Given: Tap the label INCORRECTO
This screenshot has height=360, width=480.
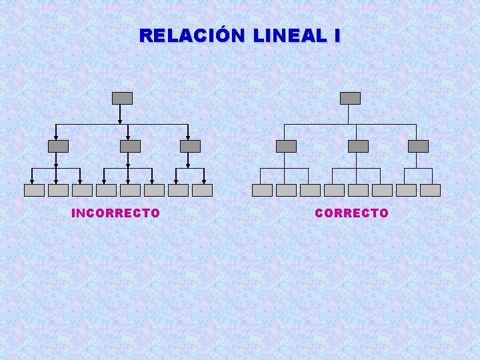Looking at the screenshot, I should coord(115,213).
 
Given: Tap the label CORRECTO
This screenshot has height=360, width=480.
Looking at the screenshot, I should coord(351,213).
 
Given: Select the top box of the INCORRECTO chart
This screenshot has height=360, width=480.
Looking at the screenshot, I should coord(122,98).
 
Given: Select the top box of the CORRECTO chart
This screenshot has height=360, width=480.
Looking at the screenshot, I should coord(350,98).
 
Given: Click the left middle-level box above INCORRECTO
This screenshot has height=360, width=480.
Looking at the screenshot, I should coord(58,146).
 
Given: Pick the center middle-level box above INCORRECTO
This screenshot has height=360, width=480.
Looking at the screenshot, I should coord(130,146).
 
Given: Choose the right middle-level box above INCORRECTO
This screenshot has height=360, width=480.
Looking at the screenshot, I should coord(190,146).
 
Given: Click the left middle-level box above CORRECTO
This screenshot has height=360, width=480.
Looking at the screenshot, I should coord(286,146).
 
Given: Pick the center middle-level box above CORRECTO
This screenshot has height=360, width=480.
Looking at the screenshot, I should coord(358,146).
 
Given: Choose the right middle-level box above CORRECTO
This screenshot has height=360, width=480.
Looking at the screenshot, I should coord(418,146).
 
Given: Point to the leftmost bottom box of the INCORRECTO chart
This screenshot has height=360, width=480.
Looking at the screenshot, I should coord(34,190).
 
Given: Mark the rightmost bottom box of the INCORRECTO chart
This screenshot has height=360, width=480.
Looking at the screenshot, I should coord(202,190).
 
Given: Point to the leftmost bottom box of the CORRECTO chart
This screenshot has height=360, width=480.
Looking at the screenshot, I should coord(262,190).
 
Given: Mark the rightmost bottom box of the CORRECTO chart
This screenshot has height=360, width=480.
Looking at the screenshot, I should coord(430,190).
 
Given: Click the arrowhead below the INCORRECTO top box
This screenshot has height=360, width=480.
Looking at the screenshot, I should coord(120,121).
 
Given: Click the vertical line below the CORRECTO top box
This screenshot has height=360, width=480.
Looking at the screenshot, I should coord(348,114).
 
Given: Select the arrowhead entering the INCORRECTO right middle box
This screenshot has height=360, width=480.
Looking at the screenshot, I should coord(188,137).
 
